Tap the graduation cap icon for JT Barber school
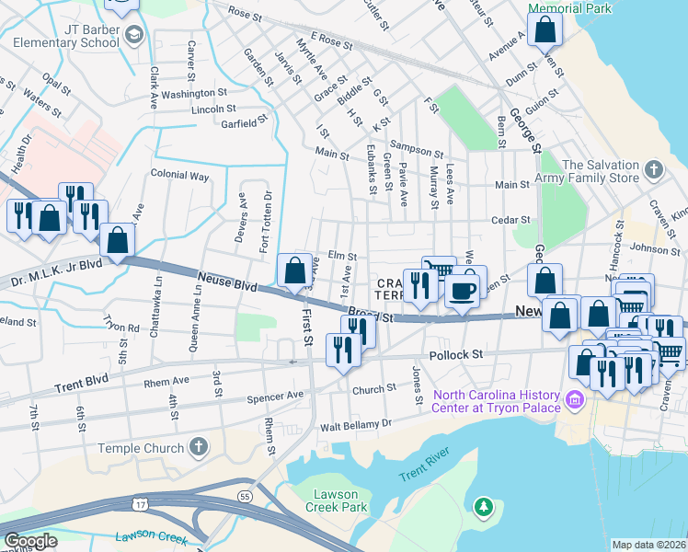pos(133,35)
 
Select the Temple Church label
pos(149,448)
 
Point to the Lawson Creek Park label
pos(336,500)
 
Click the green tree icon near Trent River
pos(483,507)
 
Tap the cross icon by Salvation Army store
pos(653,170)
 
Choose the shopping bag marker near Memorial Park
pos(545,30)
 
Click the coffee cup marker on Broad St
pos(462,291)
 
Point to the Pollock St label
pos(456,354)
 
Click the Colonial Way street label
pos(180,175)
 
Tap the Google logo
pos(30,540)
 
